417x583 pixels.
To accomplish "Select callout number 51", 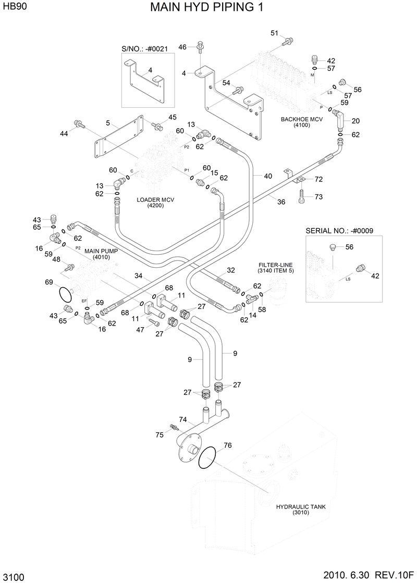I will click(274, 34).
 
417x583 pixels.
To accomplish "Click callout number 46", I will click(182, 47).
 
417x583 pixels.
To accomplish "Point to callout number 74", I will click(182, 419).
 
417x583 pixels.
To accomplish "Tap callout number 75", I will click(160, 434).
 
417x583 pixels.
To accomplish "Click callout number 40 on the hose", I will click(267, 176).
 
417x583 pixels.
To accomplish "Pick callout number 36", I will click(281, 202).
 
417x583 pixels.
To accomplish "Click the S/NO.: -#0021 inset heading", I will click(144, 48).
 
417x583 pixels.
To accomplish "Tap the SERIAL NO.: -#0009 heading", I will click(339, 230).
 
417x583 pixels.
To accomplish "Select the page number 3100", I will click(13, 577).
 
